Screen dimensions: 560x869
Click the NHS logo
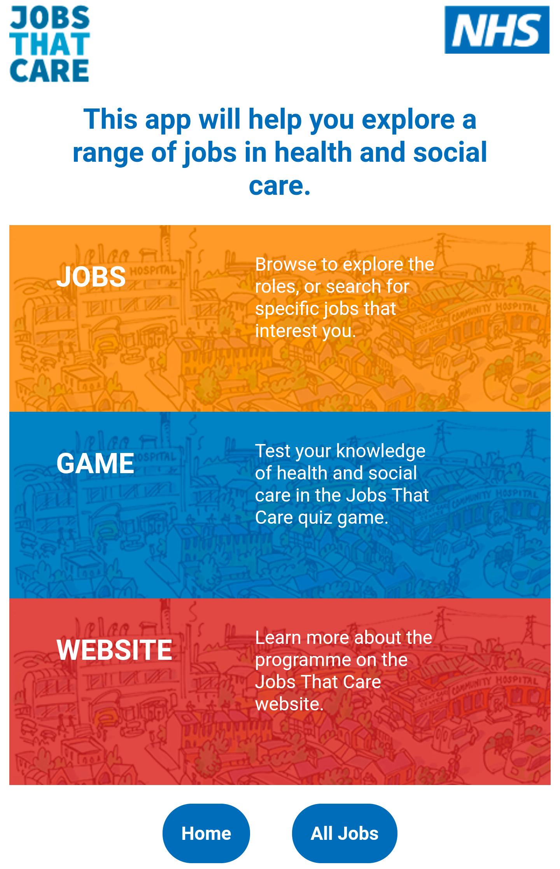click(x=497, y=30)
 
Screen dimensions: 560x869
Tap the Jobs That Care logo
click(x=49, y=44)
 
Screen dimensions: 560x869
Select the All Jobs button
click(x=345, y=833)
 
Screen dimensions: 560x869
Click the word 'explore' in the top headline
click(x=408, y=120)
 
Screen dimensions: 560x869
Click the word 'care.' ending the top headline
click(x=280, y=185)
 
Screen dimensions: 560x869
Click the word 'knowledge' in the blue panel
click(x=381, y=452)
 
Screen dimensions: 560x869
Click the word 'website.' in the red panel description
click(x=289, y=704)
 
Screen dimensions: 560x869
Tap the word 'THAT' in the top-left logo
click(x=50, y=44)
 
